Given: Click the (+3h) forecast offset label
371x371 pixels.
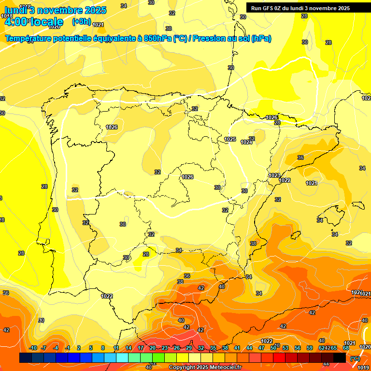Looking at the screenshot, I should pyautogui.click(x=81, y=21).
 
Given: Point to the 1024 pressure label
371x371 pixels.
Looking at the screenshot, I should pyautogui.click(x=246, y=142).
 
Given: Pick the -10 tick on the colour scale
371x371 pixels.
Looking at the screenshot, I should pyautogui.click(x=33, y=348).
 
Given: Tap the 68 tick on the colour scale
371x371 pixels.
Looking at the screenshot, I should pyautogui.click(x=346, y=348).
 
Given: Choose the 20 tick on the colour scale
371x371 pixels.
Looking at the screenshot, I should pyautogui.click(x=153, y=348).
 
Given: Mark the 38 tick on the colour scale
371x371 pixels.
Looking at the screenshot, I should pyautogui.click(x=225, y=348).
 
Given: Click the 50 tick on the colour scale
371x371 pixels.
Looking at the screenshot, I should pyautogui.click(x=273, y=348).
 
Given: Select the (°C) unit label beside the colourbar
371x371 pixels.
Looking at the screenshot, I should pyautogui.click(x=355, y=358).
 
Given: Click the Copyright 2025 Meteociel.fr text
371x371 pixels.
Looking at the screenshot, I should pyautogui.click(x=205, y=368).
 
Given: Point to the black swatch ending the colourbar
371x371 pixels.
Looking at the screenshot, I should pyautogui.click(x=340, y=357).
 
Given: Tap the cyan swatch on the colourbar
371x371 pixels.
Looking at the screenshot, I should pyautogui.click(x=122, y=357).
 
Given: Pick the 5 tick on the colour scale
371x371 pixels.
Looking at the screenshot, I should pyautogui.click(x=91, y=348).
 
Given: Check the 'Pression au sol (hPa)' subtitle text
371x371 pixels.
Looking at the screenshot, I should pyautogui.click(x=231, y=39).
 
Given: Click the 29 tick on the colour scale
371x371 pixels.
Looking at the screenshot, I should pyautogui.click(x=189, y=348).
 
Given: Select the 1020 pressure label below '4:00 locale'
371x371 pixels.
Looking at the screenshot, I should pyautogui.click(x=54, y=27).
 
